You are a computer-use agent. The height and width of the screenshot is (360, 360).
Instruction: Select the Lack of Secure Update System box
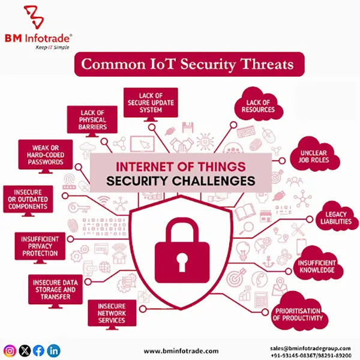151,101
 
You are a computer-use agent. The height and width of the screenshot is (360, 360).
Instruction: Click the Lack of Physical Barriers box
92,119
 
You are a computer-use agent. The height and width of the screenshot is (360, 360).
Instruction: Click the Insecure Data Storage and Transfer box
53,288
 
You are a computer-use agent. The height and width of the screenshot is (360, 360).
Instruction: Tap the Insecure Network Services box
112,312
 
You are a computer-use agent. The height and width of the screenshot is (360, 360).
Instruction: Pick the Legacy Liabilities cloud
332,218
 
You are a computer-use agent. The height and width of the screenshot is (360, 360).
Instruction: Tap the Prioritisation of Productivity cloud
299,313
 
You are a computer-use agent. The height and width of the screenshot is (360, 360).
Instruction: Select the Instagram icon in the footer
10,350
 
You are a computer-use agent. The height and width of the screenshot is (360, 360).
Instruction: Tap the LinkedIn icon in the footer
54,350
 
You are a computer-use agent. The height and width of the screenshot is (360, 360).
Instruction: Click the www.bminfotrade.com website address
181,350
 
